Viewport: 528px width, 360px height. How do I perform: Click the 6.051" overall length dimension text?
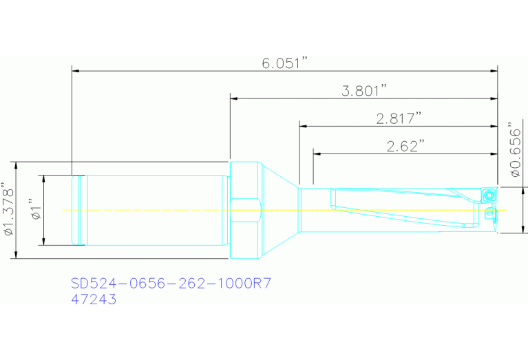tap(284, 63)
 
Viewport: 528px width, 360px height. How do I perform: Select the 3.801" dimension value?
tap(364, 91)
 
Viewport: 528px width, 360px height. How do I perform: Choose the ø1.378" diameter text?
tap(9, 209)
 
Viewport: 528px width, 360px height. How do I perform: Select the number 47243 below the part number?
tap(94, 300)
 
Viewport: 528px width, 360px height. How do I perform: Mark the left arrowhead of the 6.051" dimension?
tap(76, 70)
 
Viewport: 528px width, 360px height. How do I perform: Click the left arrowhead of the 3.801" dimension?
tap(234, 98)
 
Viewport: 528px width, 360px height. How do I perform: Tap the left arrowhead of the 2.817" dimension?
tap(303, 125)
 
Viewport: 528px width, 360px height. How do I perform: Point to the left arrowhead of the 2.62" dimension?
tap(317, 153)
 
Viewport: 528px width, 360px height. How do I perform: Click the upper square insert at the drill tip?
tap(488, 194)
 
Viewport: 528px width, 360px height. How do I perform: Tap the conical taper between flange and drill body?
tap(279, 210)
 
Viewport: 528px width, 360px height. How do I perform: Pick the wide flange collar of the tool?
tap(244, 210)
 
